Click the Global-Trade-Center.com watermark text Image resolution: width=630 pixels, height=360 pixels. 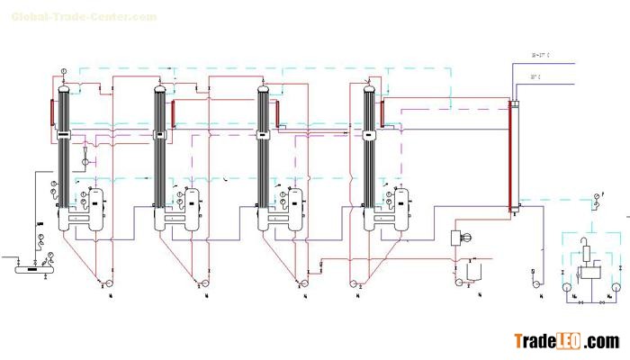click(x=83, y=17)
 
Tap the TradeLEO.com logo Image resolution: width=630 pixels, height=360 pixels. click(x=566, y=341)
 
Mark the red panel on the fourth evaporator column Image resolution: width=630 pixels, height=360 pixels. click(x=383, y=112)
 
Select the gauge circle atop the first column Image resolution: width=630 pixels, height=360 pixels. click(x=65, y=70)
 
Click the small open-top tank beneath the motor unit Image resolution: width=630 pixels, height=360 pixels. click(x=474, y=270)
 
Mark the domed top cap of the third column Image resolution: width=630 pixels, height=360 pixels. click(x=263, y=89)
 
